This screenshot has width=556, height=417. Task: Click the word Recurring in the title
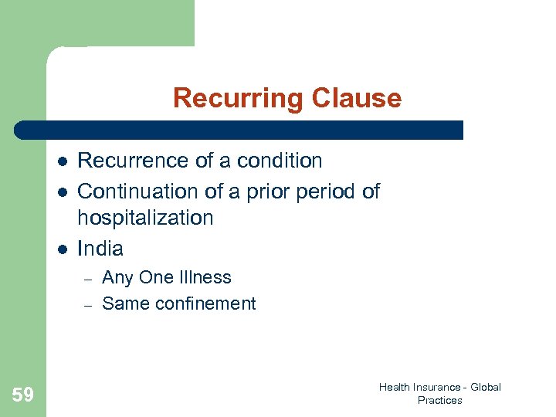239,98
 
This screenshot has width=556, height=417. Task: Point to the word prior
270,191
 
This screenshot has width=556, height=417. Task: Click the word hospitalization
145,218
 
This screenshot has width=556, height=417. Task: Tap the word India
100,248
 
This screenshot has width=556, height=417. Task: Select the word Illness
206,277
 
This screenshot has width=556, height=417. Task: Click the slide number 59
23,395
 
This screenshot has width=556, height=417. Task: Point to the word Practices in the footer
439,400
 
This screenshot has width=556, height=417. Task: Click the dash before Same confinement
87,305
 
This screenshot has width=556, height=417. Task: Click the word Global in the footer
486,387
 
